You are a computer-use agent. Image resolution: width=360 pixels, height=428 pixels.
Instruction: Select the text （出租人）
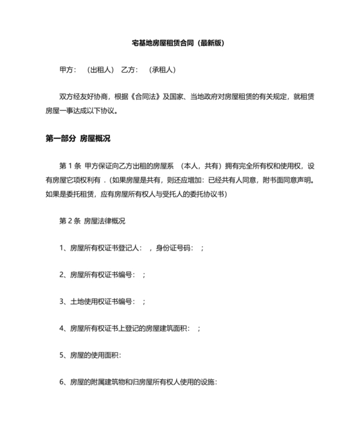(101, 70)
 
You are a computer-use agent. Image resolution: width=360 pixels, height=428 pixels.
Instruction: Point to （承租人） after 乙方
(163, 70)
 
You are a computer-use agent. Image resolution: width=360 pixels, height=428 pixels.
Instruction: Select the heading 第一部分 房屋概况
(78, 139)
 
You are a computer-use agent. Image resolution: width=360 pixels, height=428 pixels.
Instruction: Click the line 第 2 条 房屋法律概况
(91, 221)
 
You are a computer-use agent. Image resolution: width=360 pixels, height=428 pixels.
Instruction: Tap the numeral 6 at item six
(62, 382)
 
